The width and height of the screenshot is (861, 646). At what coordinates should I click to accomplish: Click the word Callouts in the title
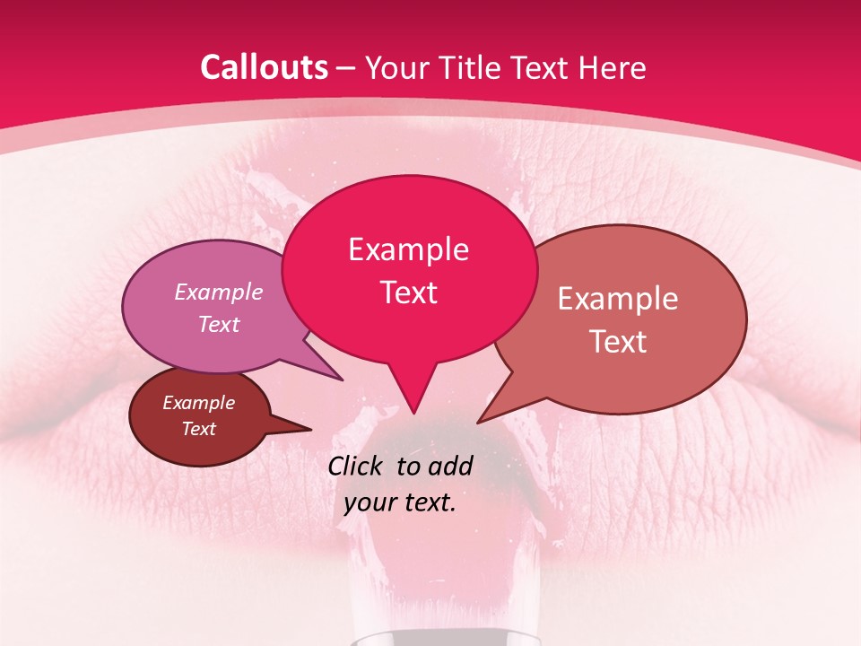264,67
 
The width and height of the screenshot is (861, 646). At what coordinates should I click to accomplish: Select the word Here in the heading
613,67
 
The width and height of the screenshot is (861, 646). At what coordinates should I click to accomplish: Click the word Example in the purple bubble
219,292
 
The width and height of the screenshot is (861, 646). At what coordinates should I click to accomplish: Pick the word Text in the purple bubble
219,324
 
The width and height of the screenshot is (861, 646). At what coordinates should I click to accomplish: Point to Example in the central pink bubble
408,249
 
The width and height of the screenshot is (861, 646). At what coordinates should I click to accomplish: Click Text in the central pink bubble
408,292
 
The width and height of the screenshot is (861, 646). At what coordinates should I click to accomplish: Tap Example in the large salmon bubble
618,299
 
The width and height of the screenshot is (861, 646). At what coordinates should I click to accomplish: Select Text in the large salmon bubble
618,342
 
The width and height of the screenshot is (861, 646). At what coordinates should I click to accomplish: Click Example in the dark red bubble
198,403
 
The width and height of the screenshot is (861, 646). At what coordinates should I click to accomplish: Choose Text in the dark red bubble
198,429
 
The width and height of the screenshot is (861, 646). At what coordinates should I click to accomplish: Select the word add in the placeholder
452,466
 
